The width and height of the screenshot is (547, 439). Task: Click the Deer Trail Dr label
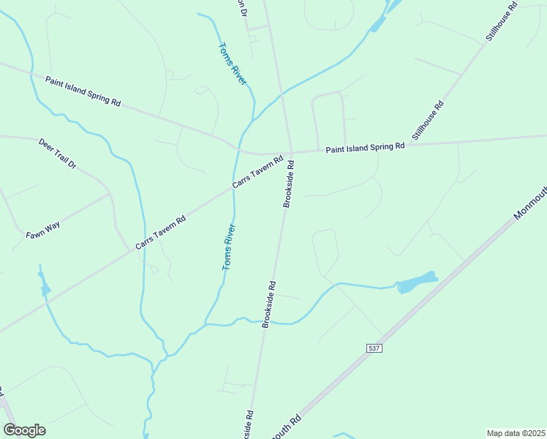pos(57,153)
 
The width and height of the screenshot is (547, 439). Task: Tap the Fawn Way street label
pos(43,228)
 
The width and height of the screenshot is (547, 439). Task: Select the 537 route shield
pos(374,348)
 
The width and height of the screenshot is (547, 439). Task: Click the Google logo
pos(24,430)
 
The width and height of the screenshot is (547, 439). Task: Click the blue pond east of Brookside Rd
pos(417,282)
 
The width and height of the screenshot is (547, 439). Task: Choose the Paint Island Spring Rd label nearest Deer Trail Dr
pos(83,91)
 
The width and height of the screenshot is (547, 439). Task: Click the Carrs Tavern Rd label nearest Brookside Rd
pos(257,172)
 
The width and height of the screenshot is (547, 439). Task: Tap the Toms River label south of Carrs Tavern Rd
pos(230,247)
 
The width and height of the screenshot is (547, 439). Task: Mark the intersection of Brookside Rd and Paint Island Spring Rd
pos(292,152)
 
